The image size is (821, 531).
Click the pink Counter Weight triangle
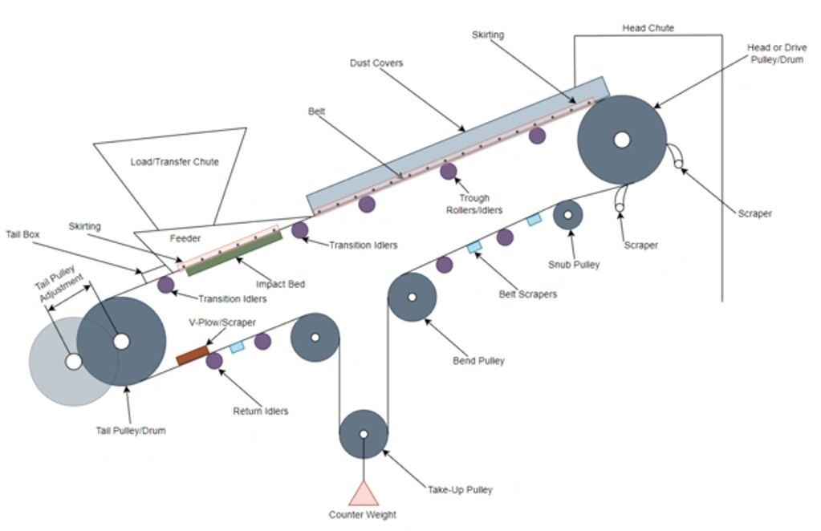364,494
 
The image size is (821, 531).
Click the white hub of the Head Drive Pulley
621,140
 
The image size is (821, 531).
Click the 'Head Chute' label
648,28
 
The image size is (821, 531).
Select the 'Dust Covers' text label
376,63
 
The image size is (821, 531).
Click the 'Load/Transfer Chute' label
174,161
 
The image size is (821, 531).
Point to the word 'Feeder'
185,238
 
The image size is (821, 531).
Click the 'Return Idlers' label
261,411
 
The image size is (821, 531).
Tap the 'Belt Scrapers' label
527,294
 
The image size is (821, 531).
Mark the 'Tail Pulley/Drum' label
130,431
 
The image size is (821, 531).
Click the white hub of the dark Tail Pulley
121,341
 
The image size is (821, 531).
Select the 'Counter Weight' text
362,515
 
